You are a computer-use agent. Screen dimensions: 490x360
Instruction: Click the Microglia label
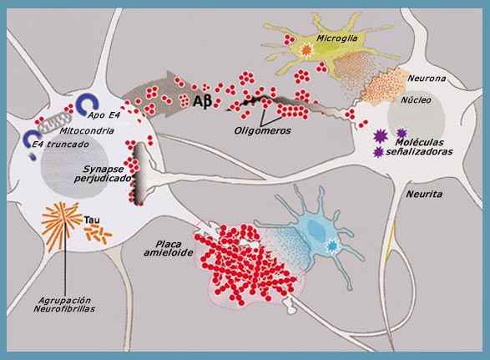pyautogui.click(x=337, y=38)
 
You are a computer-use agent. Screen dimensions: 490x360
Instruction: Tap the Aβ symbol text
pyautogui.click(x=203, y=101)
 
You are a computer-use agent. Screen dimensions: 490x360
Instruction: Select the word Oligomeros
pyautogui.click(x=262, y=130)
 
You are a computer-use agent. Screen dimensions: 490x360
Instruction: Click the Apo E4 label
pyautogui.click(x=104, y=115)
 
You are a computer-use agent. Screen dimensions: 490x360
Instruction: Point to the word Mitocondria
pyautogui.click(x=87, y=130)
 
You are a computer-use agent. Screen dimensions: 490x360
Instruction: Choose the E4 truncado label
pyautogui.click(x=61, y=145)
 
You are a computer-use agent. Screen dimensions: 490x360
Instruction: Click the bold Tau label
pyautogui.click(x=92, y=220)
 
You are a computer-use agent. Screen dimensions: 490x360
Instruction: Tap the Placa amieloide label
pyautogui.click(x=169, y=248)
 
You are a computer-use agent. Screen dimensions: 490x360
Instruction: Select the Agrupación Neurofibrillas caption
pyautogui.click(x=64, y=305)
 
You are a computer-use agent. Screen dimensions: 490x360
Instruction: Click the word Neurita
pyautogui.click(x=424, y=195)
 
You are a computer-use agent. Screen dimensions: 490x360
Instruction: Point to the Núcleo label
pyautogui.click(x=416, y=100)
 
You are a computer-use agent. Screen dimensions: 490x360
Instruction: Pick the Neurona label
pyautogui.click(x=427, y=79)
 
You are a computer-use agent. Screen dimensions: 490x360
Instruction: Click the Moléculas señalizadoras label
pyautogui.click(x=419, y=147)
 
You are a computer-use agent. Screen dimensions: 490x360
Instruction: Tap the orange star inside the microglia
pyautogui.click(x=306, y=50)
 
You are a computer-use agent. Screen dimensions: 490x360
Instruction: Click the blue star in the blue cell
pyautogui.click(x=331, y=246)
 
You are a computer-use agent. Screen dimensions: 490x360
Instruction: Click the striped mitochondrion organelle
pyautogui.click(x=54, y=120)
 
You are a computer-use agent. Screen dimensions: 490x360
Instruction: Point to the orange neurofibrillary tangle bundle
pyautogui.click(x=60, y=224)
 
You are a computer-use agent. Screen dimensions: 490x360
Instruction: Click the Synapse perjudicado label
pyautogui.click(x=103, y=174)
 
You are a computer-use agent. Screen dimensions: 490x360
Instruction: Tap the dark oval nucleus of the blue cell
pyautogui.click(x=317, y=230)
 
